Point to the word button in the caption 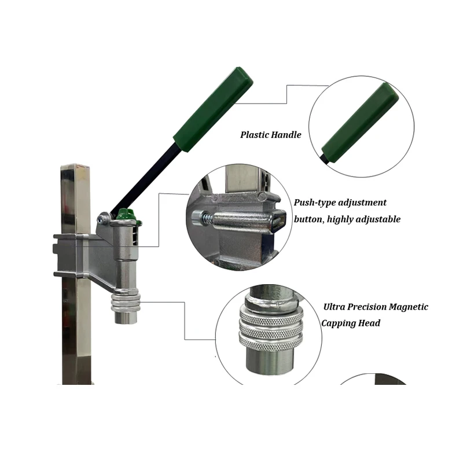(309, 220)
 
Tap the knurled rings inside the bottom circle (271, 328)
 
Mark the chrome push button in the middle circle (243, 219)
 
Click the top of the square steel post (75, 169)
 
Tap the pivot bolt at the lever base (104, 218)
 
